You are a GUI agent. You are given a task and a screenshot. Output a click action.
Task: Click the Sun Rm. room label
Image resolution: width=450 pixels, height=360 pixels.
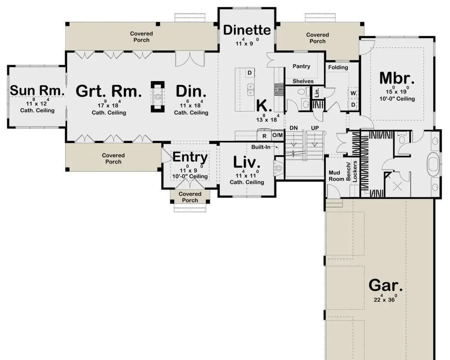click(x=37, y=90)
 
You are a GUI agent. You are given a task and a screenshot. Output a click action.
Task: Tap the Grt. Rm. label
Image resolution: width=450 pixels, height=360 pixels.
click(x=108, y=91)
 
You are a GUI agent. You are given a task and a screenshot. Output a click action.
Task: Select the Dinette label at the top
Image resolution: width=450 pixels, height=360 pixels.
click(x=247, y=30)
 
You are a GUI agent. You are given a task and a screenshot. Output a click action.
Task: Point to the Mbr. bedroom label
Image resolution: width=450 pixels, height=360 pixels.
click(x=397, y=78)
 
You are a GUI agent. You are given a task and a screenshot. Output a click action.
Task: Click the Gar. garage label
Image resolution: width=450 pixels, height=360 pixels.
click(x=385, y=285)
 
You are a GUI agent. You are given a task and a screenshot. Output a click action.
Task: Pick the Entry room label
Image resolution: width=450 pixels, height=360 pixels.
click(x=190, y=157)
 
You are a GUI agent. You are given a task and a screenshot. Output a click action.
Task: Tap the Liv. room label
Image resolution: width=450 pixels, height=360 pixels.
click(x=247, y=162)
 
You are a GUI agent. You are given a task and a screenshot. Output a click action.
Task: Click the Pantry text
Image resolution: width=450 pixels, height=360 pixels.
click(x=301, y=66)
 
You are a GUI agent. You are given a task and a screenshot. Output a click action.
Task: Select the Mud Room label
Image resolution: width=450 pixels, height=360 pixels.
click(x=336, y=176)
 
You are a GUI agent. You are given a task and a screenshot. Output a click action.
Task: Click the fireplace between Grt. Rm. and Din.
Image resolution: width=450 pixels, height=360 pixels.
click(x=157, y=97)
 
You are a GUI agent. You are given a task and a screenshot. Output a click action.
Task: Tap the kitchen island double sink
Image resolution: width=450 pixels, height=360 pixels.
click(x=251, y=90)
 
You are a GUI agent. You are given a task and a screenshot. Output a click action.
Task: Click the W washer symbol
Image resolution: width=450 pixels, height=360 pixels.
click(x=353, y=93)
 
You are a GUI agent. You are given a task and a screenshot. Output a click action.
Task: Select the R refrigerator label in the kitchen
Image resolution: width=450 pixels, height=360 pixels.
click(x=264, y=136)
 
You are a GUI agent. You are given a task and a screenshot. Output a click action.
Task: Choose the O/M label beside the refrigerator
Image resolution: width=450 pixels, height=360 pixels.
click(x=277, y=135)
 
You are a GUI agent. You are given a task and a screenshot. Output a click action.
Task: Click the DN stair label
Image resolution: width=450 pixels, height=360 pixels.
click(x=294, y=128)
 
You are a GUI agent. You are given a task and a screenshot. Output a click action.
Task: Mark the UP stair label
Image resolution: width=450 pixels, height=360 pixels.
click(x=315, y=128)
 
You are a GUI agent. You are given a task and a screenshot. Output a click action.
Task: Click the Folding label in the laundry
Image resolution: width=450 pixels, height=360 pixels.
click(x=338, y=67)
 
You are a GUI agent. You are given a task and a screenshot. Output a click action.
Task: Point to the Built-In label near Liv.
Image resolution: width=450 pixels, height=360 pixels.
click(x=261, y=147)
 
